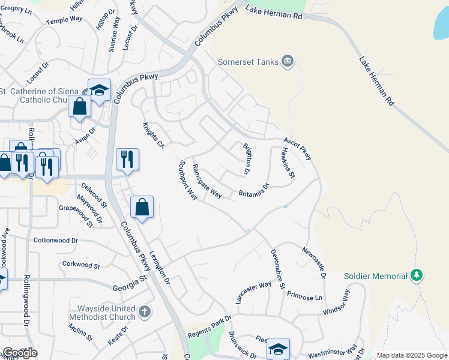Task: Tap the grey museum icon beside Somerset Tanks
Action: click(288, 61)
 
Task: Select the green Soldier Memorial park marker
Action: click(417, 275)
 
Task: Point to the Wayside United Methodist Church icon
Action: click(144, 312)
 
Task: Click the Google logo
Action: click(20, 353)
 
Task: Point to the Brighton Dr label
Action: click(246, 158)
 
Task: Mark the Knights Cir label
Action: click(153, 136)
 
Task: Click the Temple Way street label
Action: click(64, 20)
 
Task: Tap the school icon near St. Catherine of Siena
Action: click(99, 90)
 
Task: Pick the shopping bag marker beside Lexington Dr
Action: click(142, 208)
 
